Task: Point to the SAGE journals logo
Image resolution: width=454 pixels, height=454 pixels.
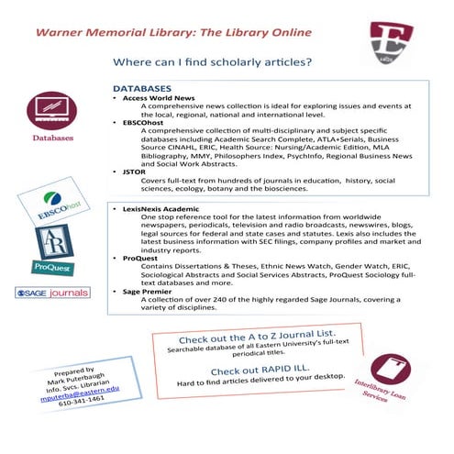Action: click(x=51, y=293)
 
